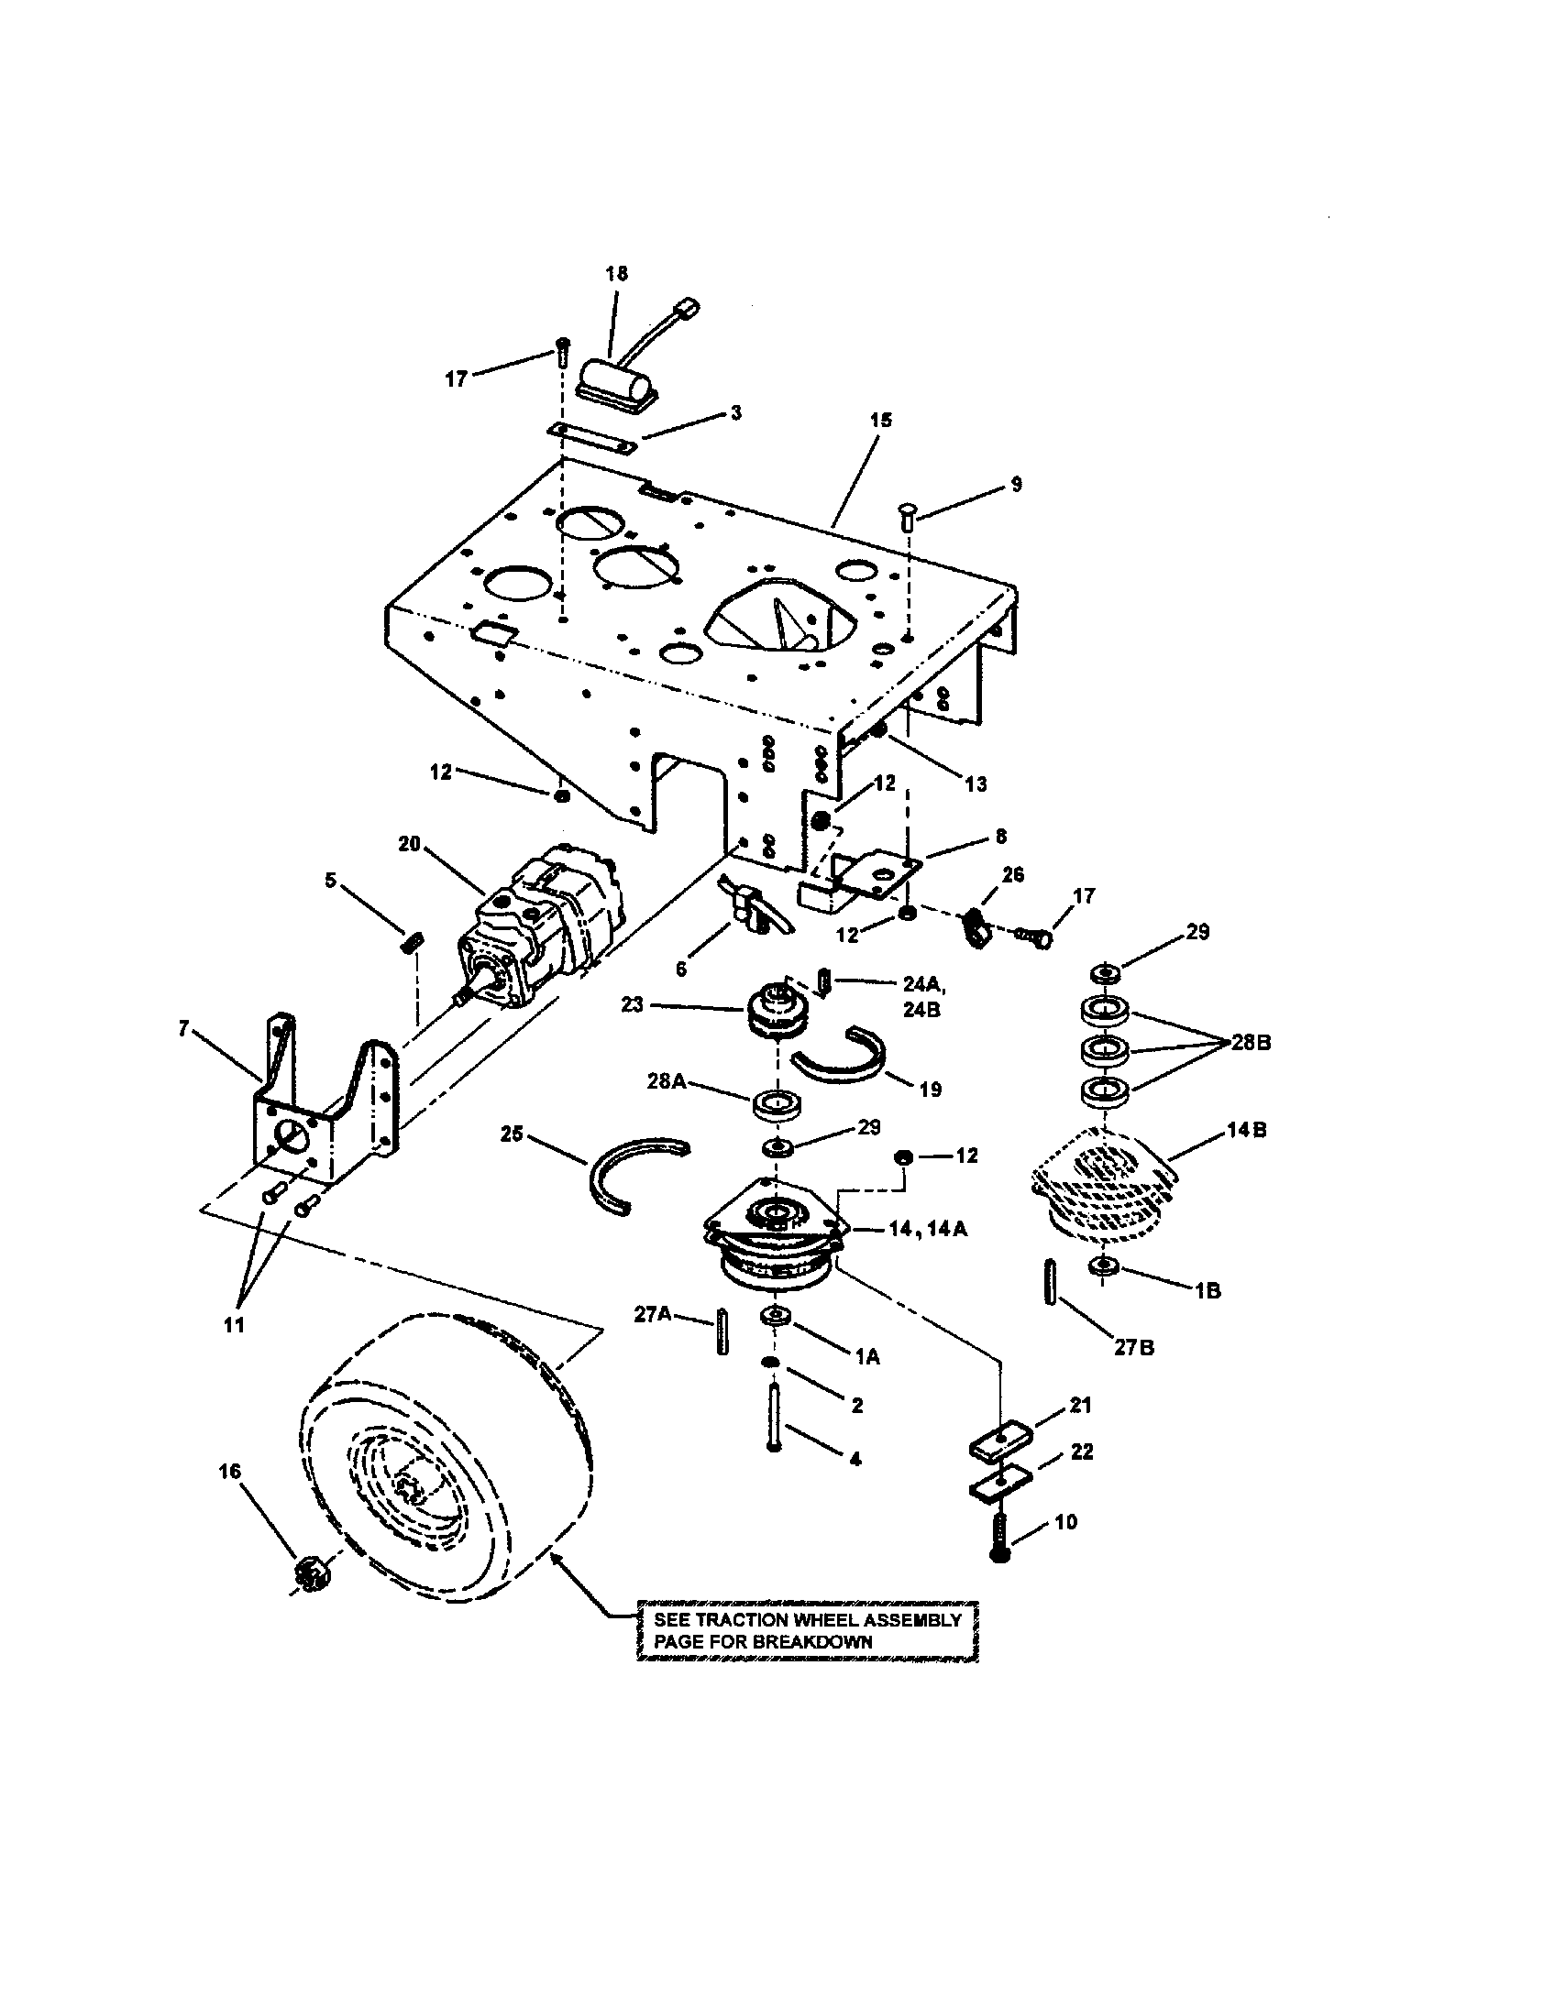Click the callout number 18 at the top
(616, 273)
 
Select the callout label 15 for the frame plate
(881, 420)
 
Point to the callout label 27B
(1133, 1347)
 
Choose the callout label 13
(976, 783)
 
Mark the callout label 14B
(1246, 1130)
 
